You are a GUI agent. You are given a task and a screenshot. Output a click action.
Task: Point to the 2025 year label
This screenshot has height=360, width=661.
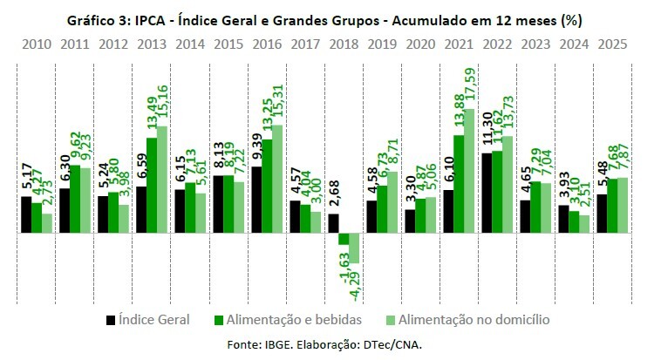click(610, 44)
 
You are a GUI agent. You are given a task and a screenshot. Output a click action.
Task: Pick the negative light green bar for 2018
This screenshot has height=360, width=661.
click(353, 248)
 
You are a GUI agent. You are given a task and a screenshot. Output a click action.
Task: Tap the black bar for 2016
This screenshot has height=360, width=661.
click(256, 200)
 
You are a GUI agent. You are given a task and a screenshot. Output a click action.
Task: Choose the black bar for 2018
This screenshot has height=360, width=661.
click(332, 223)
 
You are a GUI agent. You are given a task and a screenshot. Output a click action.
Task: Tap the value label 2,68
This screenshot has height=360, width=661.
click(333, 195)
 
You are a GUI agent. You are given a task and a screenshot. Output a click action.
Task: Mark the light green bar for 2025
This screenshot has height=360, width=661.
click(622, 206)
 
